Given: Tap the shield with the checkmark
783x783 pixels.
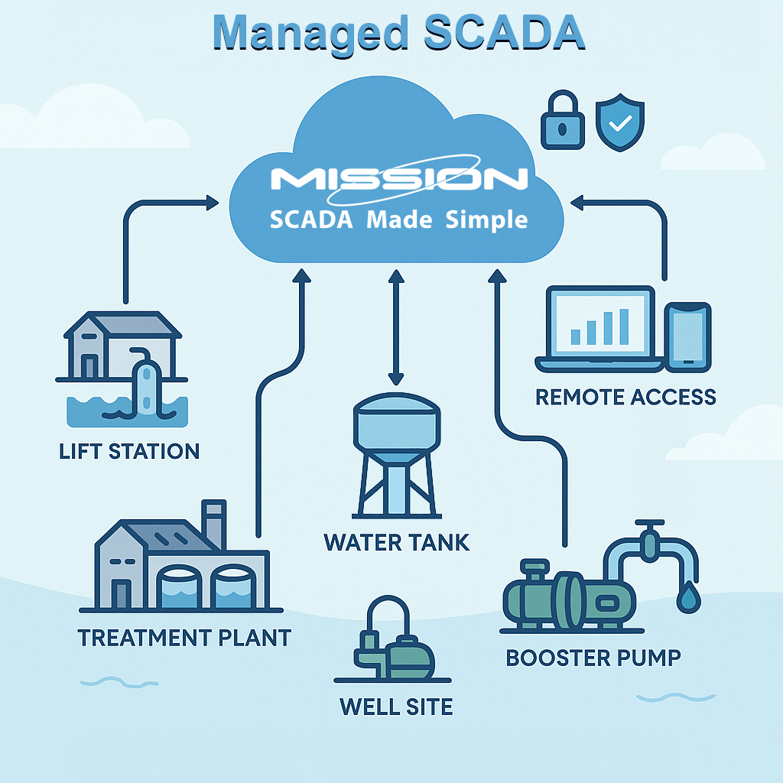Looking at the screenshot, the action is (x=620, y=122).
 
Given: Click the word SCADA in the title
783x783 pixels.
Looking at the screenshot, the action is (x=505, y=32).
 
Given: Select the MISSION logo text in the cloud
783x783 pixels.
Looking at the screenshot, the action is (x=399, y=179).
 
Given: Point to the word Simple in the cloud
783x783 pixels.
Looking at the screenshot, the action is (x=486, y=219).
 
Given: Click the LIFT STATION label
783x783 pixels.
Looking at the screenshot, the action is (x=129, y=451).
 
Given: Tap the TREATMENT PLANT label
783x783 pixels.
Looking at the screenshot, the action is (x=185, y=638).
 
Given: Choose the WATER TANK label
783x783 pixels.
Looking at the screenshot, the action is (x=397, y=542).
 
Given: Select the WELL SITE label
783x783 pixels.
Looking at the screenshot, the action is (x=396, y=707).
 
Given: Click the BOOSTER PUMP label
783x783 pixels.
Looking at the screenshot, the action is (x=593, y=658).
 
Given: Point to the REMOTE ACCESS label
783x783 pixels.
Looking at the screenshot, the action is (x=625, y=397).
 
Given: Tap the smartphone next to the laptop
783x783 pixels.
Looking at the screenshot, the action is (x=687, y=337).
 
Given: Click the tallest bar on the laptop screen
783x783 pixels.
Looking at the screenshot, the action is (x=624, y=327).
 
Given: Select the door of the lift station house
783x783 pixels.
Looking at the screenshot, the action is (x=90, y=366).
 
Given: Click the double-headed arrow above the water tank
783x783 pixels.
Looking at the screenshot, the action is (x=396, y=327).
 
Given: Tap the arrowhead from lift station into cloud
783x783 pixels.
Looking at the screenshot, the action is (x=213, y=203).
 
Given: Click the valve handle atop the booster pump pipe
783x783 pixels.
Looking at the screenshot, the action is (x=650, y=523).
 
